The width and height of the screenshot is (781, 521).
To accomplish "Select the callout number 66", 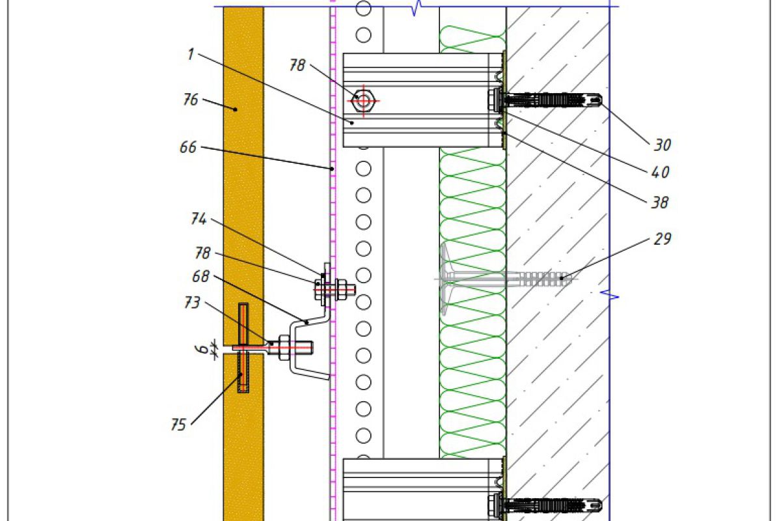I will click(x=188, y=147).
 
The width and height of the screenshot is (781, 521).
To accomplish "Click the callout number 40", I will click(x=659, y=173).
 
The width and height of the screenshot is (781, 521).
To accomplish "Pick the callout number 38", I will click(x=659, y=202).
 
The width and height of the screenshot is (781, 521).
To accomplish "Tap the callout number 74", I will click(x=199, y=219).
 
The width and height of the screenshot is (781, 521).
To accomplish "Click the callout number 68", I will click(x=200, y=277).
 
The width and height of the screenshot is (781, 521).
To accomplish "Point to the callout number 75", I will click(x=178, y=425).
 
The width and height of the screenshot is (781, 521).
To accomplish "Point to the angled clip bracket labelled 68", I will click(x=311, y=345).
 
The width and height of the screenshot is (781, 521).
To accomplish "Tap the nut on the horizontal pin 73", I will click(x=284, y=347).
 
